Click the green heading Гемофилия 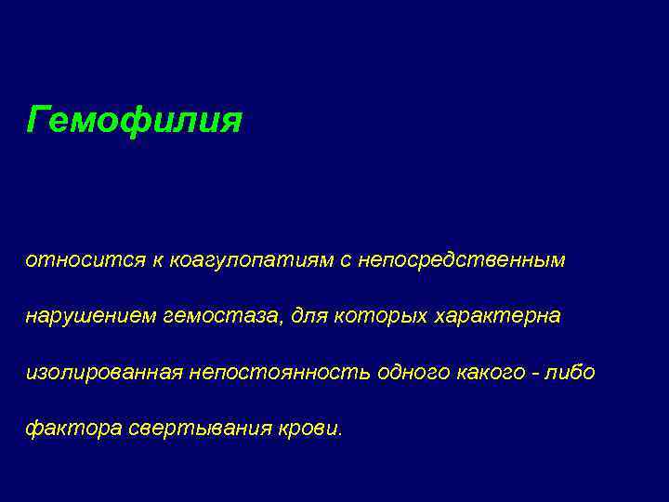(135, 120)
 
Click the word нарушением (90, 317)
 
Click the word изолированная (104, 373)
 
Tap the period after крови (339, 434)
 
